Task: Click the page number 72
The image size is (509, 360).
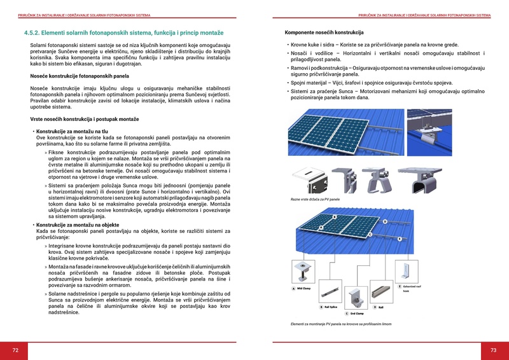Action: [15, 350]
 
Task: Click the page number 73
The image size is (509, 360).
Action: [493, 350]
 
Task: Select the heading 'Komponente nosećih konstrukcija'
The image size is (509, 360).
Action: [324, 32]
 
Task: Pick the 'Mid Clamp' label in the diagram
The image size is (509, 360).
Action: [303, 289]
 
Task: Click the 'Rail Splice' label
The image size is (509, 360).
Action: [331, 307]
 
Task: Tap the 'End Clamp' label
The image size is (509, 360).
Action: [357, 313]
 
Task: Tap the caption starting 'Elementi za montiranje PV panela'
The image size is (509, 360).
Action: [341, 324]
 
